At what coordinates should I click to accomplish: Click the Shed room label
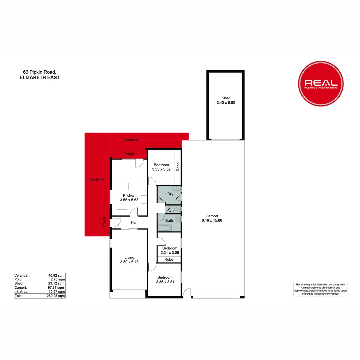[226, 98]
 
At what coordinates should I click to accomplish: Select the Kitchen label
[129, 195]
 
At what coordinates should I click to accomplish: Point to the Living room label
[129, 257]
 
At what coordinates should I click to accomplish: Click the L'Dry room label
[169, 194]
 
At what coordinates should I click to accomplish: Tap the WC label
[171, 211]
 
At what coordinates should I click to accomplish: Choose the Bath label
[169, 220]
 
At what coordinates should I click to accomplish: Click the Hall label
[134, 223]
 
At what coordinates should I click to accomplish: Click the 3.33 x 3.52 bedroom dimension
[162, 169]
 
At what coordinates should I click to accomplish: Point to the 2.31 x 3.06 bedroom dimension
[170, 253]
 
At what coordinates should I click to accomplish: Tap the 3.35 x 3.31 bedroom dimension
[165, 282]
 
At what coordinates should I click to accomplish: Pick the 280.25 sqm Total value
[56, 296]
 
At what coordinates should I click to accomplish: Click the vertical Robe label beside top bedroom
[178, 166]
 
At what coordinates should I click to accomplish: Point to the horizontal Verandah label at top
[131, 139]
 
